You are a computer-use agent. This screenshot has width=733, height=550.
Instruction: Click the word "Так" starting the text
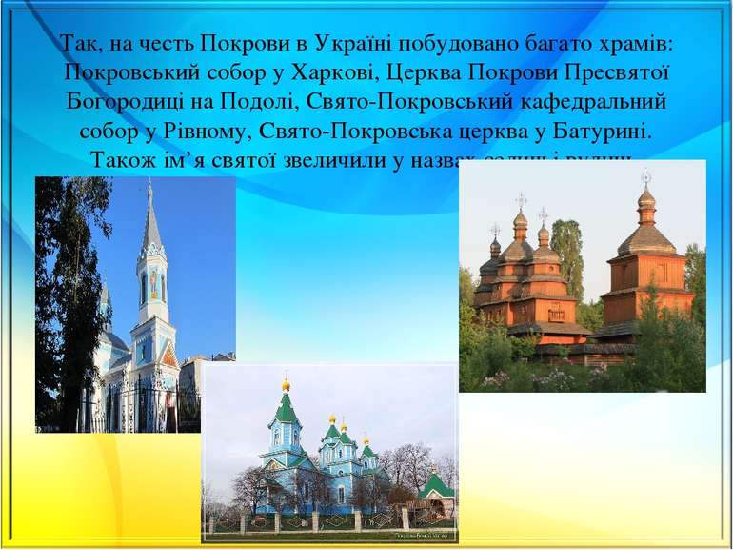[x=76, y=44]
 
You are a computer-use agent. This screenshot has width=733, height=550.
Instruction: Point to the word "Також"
[x=119, y=158]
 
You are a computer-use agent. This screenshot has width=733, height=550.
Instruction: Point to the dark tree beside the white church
[x=64, y=286]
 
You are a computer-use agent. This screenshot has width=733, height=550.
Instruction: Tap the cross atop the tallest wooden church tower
[x=646, y=176]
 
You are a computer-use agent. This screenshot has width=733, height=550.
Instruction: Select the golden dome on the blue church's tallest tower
[x=286, y=385]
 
